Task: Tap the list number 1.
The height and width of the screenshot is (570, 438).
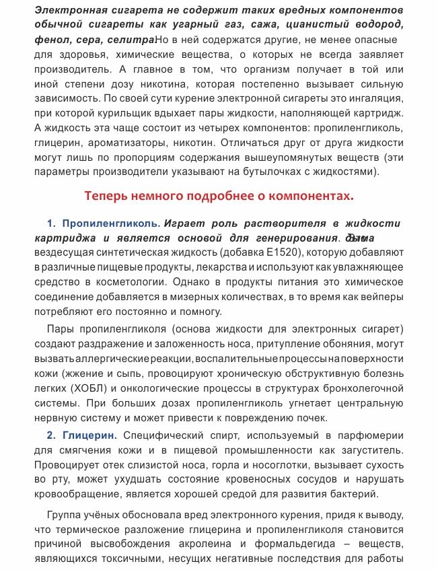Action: tap(50, 223)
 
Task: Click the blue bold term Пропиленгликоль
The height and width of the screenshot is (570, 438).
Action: tap(111, 223)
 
